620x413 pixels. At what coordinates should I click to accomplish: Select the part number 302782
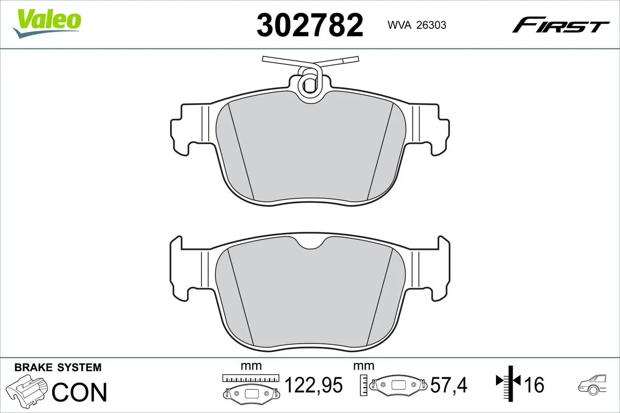tap(310, 25)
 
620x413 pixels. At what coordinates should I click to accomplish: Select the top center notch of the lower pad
tap(310, 245)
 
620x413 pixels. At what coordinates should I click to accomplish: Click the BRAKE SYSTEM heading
tap(58, 368)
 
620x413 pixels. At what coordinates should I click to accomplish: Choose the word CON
tap(80, 392)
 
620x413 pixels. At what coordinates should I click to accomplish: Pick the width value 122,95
tap(314, 385)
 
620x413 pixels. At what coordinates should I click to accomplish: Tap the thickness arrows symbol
tap(508, 382)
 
